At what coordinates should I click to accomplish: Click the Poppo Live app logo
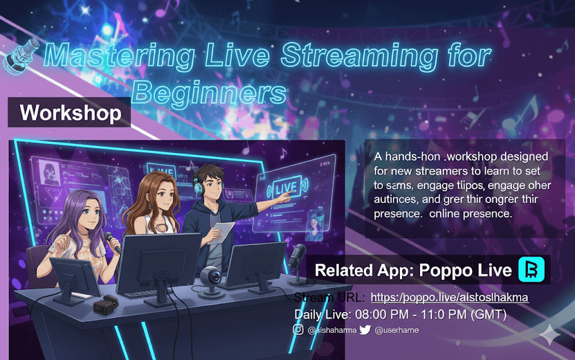[x=531, y=270]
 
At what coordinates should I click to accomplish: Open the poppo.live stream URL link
[x=449, y=297]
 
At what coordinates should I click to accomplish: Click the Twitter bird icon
[x=365, y=330]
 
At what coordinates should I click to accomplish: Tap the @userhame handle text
[x=397, y=331]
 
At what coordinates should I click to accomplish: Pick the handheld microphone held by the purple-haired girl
[x=112, y=240]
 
